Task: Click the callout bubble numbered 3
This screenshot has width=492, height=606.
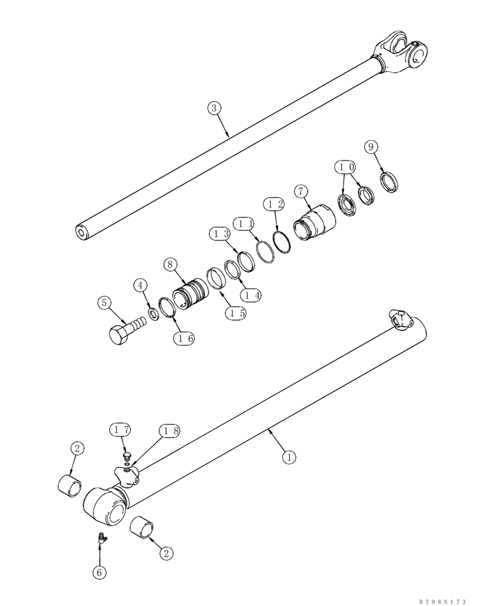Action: [214, 108]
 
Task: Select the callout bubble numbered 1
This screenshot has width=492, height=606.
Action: [289, 458]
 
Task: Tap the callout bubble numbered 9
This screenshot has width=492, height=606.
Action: [371, 147]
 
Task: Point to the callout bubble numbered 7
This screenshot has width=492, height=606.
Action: [300, 192]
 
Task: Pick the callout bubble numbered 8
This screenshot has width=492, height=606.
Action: [170, 264]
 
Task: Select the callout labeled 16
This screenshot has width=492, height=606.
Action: [184, 339]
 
